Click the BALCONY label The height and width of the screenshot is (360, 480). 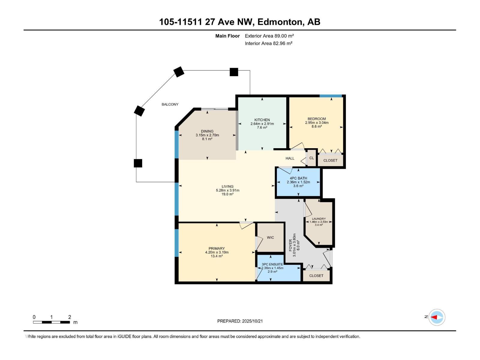[170, 104]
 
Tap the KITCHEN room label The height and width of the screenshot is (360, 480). [262, 120]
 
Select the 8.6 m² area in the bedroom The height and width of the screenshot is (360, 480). [316, 127]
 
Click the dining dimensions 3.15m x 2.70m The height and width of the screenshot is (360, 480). [207, 135]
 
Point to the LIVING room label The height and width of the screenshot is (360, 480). [227, 186]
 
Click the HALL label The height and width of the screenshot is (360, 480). [290, 158]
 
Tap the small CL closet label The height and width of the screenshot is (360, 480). [311, 158]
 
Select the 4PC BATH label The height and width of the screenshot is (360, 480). [298, 178]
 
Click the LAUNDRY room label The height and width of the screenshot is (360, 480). [319, 219]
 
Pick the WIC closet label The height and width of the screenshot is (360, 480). [270, 237]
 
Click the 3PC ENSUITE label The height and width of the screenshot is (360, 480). [272, 264]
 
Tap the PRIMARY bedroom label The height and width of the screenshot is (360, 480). [217, 248]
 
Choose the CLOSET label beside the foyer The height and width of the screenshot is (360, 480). [316, 275]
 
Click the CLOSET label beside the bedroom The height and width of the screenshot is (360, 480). [330, 160]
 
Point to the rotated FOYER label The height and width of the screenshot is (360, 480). [290, 245]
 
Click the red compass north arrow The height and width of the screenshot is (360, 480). [434, 317]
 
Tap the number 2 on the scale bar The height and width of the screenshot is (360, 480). [70, 317]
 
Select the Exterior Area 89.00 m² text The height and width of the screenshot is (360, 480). [269, 36]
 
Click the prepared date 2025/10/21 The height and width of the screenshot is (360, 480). [252, 321]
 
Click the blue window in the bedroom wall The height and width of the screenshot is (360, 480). [331, 96]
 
